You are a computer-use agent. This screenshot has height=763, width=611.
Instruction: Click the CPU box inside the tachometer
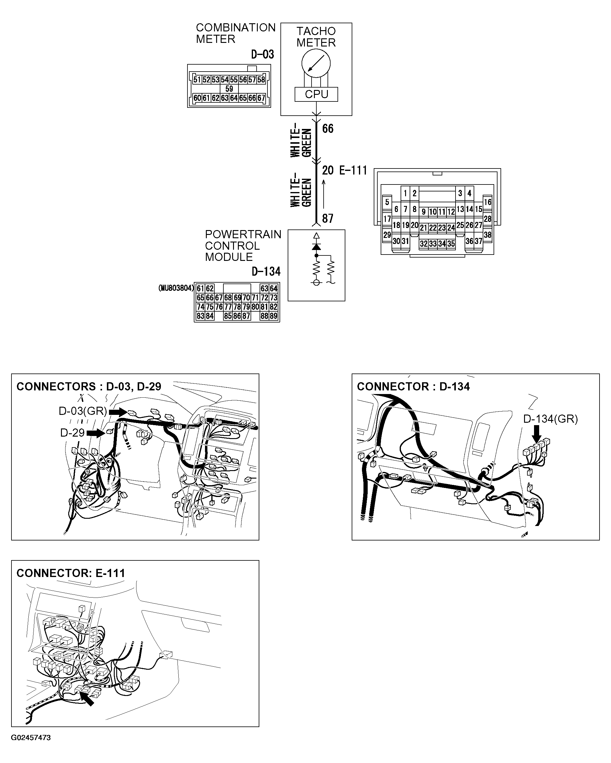[316, 95]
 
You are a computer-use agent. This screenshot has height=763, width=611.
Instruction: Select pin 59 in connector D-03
[229, 89]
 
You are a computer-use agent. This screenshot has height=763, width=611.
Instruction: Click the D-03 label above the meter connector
[263, 54]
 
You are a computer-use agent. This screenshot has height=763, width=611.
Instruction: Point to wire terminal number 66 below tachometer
[328, 129]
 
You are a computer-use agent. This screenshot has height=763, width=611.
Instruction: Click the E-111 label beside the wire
[353, 171]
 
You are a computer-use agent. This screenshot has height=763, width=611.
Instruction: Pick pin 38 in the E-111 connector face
[488, 235]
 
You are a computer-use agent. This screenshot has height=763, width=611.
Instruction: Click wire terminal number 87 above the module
[328, 219]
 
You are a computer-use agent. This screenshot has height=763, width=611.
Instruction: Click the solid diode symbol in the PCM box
[316, 246]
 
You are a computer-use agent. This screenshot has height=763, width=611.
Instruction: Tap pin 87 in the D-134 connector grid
[246, 316]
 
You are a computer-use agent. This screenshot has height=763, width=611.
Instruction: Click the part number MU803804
[176, 288]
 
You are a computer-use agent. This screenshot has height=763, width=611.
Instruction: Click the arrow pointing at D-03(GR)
[118, 412]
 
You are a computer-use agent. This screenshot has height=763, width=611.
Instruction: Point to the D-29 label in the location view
[72, 433]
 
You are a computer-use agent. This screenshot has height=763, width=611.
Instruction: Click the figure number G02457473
[31, 738]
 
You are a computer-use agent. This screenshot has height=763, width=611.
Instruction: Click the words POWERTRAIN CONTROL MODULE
[243, 245]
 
